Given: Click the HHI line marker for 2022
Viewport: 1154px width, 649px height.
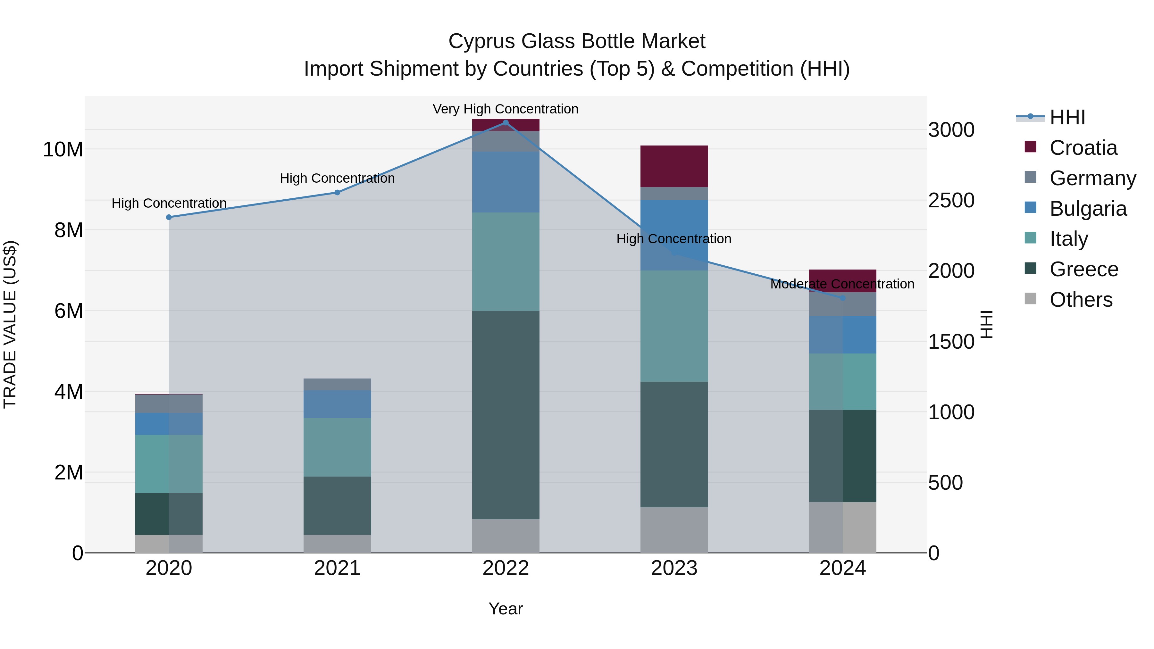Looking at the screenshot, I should point(506,122).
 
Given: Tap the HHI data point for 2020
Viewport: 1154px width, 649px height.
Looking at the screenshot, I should point(169,217).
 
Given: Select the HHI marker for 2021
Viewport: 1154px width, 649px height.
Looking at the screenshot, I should point(337,193).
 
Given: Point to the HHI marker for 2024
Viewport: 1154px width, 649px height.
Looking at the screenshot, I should point(843,298).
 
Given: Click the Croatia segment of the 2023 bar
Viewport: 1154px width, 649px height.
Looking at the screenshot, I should point(674,166).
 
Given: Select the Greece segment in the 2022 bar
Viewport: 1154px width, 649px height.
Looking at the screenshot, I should point(506,415).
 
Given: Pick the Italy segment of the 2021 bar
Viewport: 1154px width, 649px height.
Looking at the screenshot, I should point(337,447).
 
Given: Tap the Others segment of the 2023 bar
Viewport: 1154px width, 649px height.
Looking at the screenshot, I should point(674,530).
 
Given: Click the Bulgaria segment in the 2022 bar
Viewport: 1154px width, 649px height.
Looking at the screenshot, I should point(506,182).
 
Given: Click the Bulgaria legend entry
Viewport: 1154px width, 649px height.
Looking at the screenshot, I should point(1088,209).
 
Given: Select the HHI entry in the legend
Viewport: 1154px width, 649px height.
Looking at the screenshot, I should point(1067,117).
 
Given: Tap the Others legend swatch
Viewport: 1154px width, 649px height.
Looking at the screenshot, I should point(1030,299).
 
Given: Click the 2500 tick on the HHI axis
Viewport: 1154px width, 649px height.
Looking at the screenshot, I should point(951,200).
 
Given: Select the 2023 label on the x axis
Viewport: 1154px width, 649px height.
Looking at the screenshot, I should point(674,568).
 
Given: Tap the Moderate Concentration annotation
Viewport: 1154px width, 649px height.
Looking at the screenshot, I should point(842,284).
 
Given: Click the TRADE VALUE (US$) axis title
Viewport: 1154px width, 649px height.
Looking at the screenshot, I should point(10,324).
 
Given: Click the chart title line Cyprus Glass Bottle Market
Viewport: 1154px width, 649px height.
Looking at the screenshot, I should point(577,41).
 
